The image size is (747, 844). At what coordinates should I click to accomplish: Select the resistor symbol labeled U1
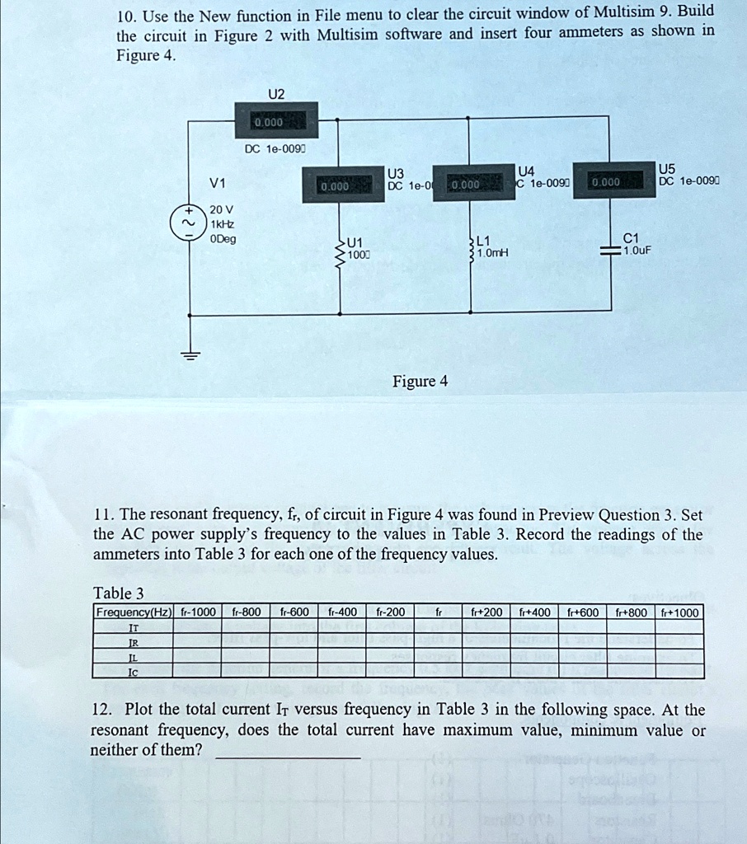[x=339, y=247]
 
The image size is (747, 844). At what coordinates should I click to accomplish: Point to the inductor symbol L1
[x=471, y=247]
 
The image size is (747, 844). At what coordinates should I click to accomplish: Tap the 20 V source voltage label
[x=220, y=209]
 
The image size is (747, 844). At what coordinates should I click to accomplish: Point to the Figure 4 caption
[x=420, y=381]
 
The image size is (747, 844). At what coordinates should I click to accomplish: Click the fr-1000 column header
[x=197, y=612]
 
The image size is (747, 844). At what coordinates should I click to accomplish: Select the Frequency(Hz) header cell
[x=133, y=612]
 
